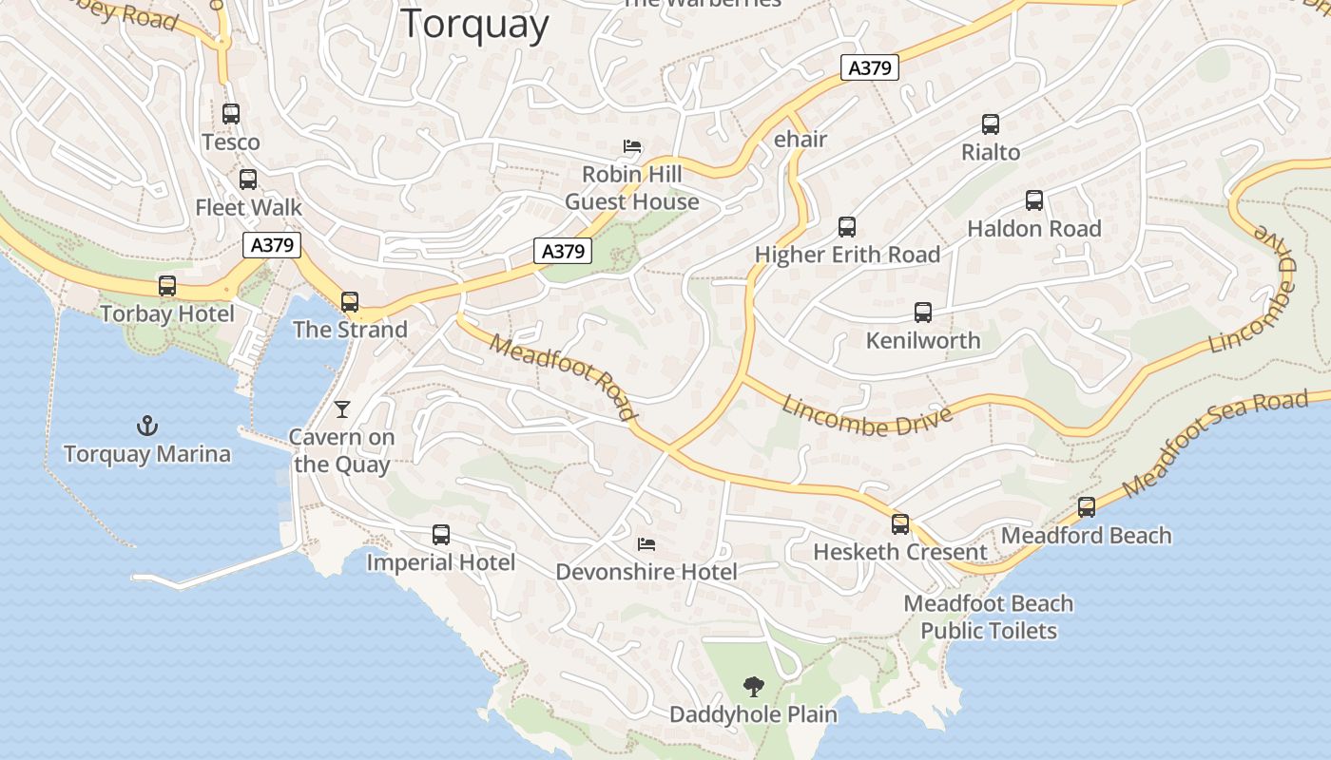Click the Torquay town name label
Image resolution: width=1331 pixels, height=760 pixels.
click(474, 24)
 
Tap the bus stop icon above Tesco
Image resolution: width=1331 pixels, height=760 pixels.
click(231, 114)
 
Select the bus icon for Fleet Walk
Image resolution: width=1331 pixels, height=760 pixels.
click(248, 179)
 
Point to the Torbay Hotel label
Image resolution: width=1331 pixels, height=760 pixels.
click(167, 313)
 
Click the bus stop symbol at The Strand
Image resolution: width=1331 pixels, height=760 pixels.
click(350, 302)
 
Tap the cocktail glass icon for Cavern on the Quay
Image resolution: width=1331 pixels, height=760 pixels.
click(342, 409)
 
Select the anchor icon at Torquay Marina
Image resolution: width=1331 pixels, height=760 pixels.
click(147, 425)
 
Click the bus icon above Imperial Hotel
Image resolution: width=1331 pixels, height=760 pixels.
click(441, 535)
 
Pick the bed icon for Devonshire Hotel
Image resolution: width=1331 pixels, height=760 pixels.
click(646, 544)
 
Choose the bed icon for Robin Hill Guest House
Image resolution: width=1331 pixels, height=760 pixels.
click(632, 146)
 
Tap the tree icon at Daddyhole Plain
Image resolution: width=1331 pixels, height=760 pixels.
click(754, 686)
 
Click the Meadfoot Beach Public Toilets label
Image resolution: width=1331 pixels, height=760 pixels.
click(989, 617)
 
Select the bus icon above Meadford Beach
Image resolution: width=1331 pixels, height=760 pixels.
click(1087, 507)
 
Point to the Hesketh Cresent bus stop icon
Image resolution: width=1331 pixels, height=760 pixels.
click(900, 523)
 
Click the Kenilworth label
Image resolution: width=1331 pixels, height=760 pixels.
click(922, 340)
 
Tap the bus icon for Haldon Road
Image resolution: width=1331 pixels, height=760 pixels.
click(1034, 200)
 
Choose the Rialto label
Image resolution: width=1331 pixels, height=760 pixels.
click(991, 152)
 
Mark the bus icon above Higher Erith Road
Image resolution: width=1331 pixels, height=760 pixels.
click(847, 227)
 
